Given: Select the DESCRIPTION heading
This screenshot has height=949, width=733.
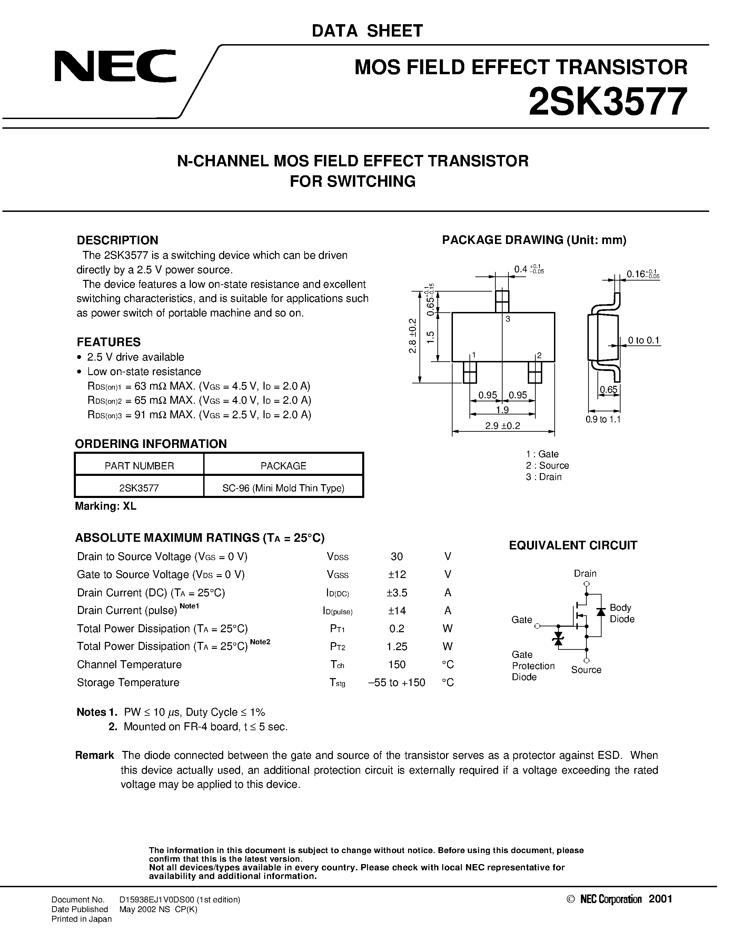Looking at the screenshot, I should (117, 240).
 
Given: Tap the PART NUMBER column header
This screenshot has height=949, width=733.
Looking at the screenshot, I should (139, 466).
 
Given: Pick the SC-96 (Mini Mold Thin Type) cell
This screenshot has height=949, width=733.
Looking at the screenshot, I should (283, 488).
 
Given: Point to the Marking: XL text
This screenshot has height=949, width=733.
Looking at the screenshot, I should (106, 506).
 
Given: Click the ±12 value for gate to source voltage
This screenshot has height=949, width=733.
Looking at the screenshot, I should (397, 575).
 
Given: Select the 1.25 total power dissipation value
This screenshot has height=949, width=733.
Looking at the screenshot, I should (397, 647).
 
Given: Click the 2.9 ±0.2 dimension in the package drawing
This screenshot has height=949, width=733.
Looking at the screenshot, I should (503, 426).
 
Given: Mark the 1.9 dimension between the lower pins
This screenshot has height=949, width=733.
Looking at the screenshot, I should (503, 410).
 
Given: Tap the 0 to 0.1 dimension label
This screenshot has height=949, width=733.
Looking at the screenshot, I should (644, 341).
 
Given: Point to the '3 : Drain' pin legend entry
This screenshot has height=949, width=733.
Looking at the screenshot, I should (544, 477).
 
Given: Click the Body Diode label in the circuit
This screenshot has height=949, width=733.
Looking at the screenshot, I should (622, 614).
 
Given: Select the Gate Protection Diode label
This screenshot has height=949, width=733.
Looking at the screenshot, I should (533, 666).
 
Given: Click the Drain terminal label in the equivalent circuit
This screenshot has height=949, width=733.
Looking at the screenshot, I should (585, 574).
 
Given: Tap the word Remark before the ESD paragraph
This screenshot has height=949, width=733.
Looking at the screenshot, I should (94, 755).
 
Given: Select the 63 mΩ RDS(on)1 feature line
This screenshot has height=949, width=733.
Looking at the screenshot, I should (199, 386).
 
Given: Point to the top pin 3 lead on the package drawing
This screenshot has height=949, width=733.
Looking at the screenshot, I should (502, 301).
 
